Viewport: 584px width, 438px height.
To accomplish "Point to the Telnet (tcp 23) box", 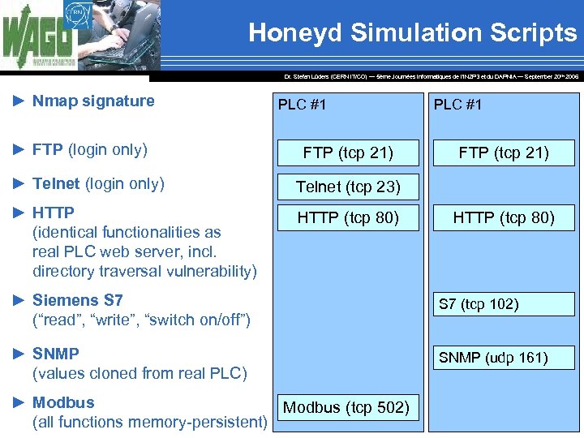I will click(348, 187).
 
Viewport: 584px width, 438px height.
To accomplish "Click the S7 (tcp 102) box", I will click(503, 304).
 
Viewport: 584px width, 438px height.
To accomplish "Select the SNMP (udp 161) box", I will click(503, 358).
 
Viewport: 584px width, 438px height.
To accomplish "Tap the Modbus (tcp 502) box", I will click(346, 407).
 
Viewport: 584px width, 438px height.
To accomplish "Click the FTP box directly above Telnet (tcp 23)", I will click(348, 152).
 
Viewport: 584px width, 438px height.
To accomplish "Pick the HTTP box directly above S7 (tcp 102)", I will click(503, 217).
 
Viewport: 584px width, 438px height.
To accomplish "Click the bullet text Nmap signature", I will click(93, 101).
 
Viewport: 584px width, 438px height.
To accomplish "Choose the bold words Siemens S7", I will click(77, 300).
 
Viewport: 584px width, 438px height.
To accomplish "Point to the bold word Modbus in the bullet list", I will click(63, 402).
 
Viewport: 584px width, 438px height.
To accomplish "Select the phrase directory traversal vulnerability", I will click(144, 271).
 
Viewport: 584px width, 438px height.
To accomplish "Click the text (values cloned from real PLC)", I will click(140, 373).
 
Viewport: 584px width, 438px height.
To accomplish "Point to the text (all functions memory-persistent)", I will click(150, 422).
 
